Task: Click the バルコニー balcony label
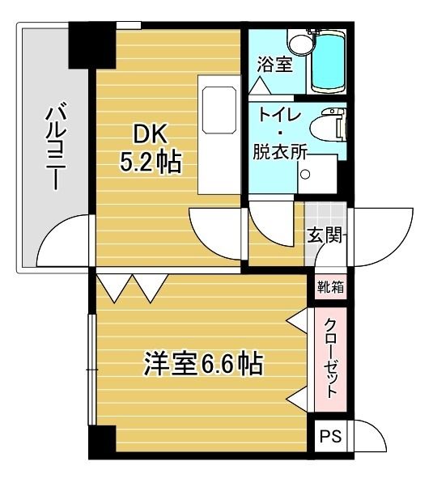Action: coord(55,146)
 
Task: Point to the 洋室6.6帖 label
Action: coord(203,364)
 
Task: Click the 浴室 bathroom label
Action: coord(274,65)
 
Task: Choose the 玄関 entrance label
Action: coord(325,235)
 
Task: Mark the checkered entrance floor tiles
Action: coord(325,214)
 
